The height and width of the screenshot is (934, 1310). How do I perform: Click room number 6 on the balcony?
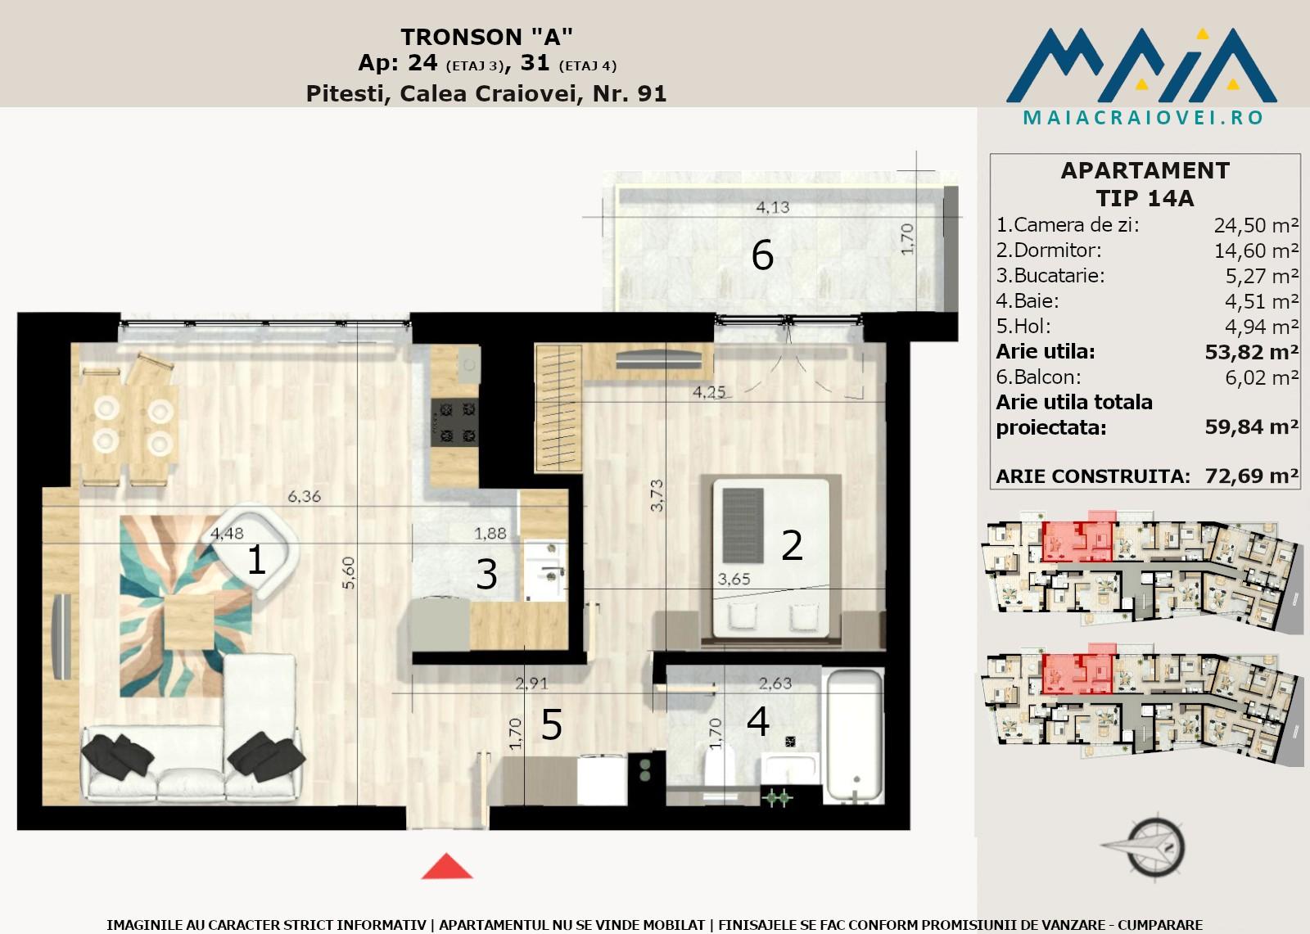(762, 255)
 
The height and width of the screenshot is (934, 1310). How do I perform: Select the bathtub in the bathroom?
(854, 736)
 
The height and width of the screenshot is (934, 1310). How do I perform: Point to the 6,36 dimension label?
(304, 496)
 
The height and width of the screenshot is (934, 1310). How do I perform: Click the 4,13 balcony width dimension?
(773, 207)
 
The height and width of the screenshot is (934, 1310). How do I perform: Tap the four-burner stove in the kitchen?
(455, 421)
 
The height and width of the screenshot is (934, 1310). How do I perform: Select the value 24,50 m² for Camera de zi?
(1256, 225)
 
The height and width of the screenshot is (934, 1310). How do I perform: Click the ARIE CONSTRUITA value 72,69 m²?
(1252, 476)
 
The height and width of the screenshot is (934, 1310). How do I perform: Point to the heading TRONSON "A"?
(486, 37)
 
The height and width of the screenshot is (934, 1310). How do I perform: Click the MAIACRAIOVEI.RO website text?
(1143, 118)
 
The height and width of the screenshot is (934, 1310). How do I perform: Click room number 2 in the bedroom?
(792, 546)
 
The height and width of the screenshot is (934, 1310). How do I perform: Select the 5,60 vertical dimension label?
(349, 572)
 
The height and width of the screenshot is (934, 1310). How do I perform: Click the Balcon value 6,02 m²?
(1262, 377)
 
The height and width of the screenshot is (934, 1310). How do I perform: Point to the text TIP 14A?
(1145, 198)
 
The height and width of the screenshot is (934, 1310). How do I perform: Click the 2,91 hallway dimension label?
(531, 683)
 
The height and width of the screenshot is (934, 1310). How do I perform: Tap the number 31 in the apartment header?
(535, 62)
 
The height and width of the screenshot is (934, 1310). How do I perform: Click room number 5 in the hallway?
(552, 725)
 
